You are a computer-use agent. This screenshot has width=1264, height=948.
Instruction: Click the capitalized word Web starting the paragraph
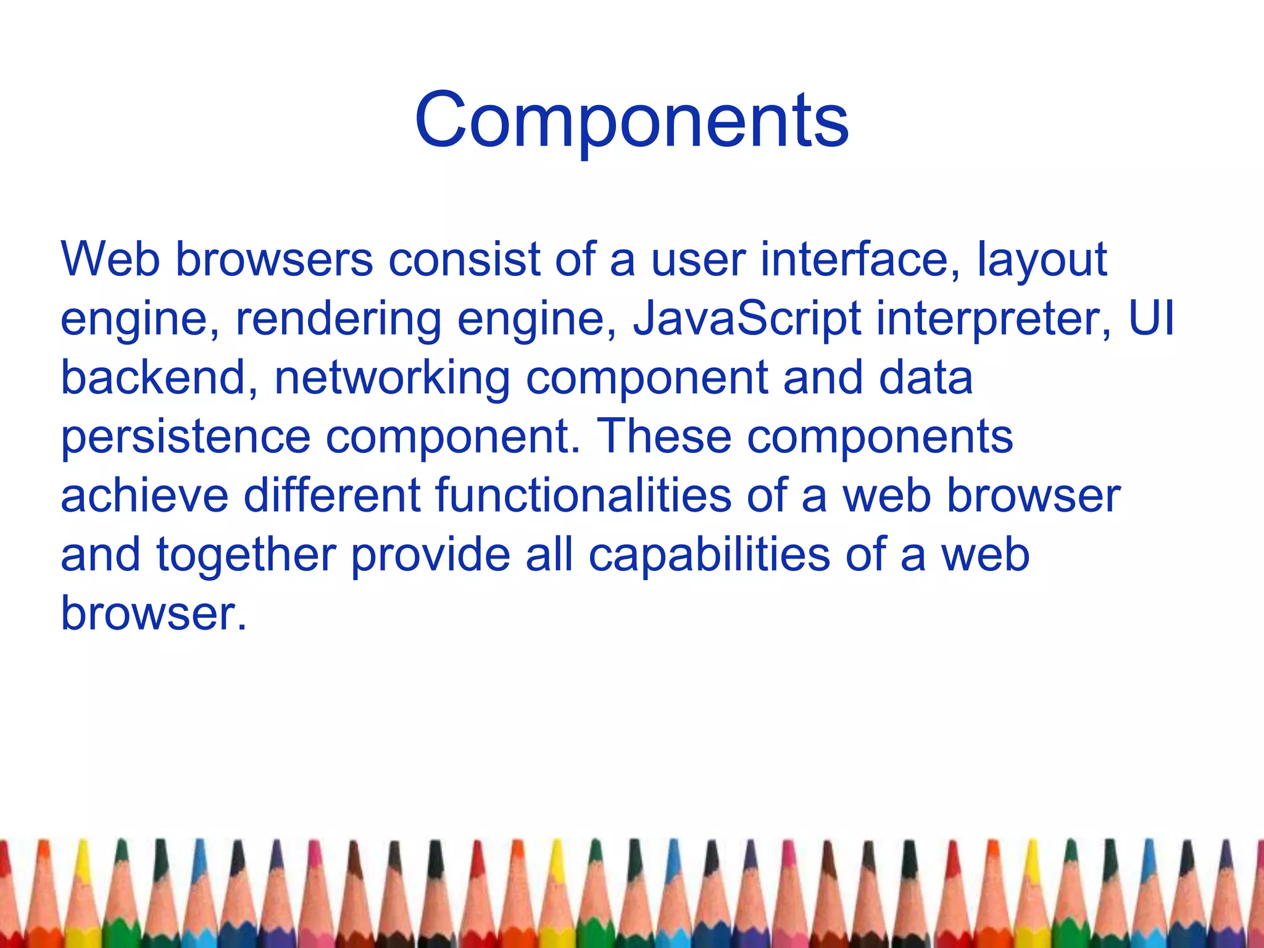(x=110, y=259)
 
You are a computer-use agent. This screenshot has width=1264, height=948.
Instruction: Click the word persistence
(x=185, y=437)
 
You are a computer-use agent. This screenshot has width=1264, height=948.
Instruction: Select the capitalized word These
(x=665, y=436)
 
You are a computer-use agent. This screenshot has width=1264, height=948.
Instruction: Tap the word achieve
(x=144, y=496)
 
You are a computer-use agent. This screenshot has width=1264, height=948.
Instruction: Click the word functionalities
(x=583, y=496)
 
